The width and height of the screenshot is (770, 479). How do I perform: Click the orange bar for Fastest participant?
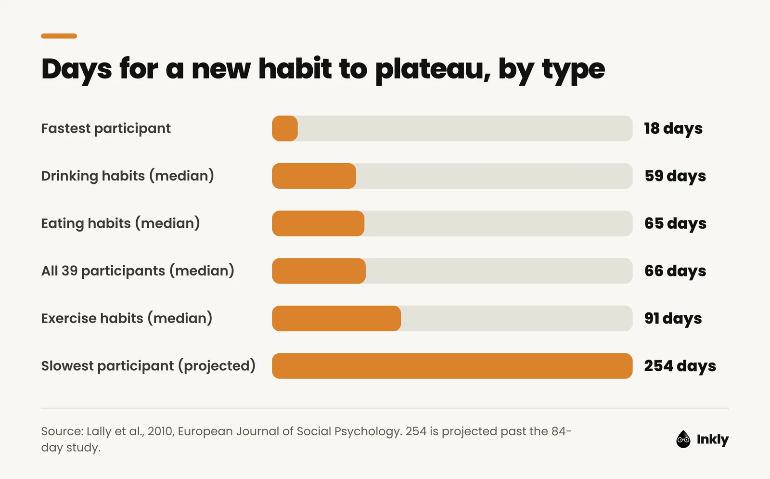[x=284, y=128]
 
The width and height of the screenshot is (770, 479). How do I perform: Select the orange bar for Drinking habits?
[x=314, y=176]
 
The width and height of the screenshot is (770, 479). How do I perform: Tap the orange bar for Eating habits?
[x=318, y=223]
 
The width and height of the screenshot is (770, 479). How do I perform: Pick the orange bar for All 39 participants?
[x=319, y=271]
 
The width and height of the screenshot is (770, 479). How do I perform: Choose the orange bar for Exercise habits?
[x=336, y=318]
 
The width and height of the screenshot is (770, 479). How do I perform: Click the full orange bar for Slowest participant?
[x=452, y=366]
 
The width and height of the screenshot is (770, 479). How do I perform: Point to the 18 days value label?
[x=673, y=129]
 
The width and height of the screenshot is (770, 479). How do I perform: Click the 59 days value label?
[x=675, y=176]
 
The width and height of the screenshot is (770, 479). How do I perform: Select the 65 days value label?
[x=676, y=223]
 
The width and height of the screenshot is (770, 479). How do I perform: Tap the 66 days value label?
[x=675, y=271]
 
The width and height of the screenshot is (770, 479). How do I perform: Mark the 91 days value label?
[x=673, y=318]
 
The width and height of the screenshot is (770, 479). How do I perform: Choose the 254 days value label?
[x=680, y=366]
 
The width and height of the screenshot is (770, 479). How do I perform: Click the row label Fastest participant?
[x=106, y=129]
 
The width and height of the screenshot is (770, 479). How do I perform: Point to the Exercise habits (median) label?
[x=127, y=318]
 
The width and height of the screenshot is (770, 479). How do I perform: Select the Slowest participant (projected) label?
[x=149, y=366]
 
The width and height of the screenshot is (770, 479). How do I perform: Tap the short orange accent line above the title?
[x=59, y=36]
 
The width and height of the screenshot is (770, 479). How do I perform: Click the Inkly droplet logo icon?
[x=683, y=439]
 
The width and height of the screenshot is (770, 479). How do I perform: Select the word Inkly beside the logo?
[x=713, y=440]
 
